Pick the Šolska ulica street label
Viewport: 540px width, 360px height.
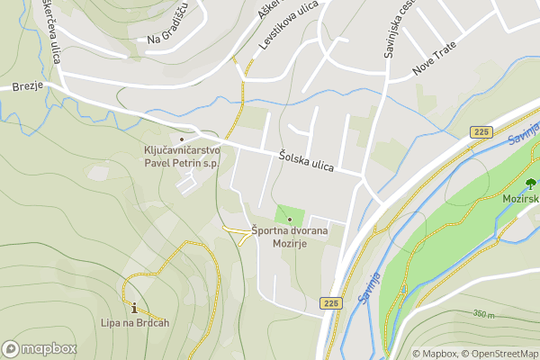point(306,160)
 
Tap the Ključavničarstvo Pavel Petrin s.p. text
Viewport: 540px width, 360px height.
point(182,157)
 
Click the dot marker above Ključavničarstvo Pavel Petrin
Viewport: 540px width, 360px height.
point(182,139)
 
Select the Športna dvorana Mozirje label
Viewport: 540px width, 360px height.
point(290,237)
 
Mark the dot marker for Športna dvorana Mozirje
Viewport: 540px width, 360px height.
point(290,220)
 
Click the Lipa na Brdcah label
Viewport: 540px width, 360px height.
point(135,323)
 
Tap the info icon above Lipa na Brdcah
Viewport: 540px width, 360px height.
point(135,307)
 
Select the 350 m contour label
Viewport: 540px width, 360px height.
point(483,314)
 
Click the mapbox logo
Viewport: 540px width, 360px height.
point(40,348)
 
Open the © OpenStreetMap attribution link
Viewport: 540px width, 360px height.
point(499,354)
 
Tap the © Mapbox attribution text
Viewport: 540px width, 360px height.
point(435,354)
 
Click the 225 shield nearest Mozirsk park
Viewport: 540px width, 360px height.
point(481,132)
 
